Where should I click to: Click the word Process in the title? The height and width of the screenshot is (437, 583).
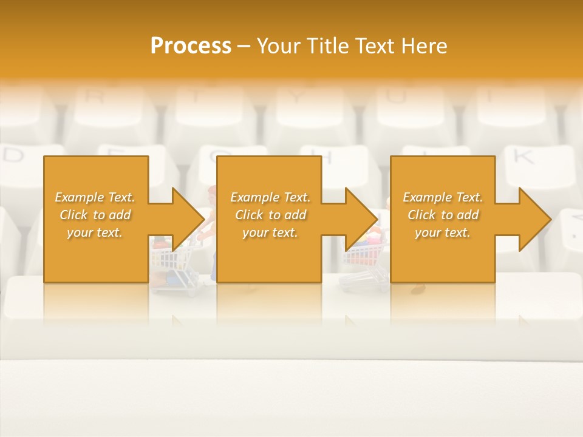pyautogui.click(x=191, y=46)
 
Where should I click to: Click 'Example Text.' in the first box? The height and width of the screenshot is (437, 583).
pyautogui.click(x=95, y=197)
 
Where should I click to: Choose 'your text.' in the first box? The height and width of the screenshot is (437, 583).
pyautogui.click(x=95, y=232)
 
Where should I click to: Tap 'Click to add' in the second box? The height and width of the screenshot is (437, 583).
pyautogui.click(x=270, y=215)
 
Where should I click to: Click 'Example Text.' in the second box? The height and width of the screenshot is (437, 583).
pyautogui.click(x=270, y=197)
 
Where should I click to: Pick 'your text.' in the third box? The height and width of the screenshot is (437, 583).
pyautogui.click(x=443, y=232)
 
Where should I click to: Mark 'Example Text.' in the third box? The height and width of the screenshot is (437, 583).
pyautogui.click(x=443, y=197)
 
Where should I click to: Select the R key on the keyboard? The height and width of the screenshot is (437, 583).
pyautogui.click(x=94, y=95)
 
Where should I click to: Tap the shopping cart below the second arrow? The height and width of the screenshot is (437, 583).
pyautogui.click(x=363, y=258)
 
